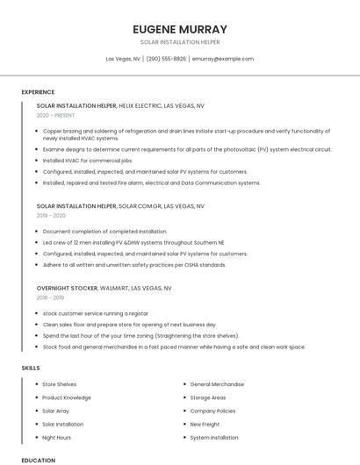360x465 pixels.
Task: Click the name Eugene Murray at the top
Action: (180, 29)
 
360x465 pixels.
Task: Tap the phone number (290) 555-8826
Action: (166, 59)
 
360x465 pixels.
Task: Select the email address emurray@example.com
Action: (223, 59)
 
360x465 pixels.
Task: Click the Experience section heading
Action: (38, 92)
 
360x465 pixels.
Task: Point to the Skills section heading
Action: (31, 368)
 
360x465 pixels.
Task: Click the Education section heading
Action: (39, 460)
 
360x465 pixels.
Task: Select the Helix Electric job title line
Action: (120, 105)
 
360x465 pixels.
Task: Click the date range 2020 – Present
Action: (56, 115)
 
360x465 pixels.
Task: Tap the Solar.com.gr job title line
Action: (120, 206)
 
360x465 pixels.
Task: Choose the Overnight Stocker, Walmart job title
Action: (104, 288)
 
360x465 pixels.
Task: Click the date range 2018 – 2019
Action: (52, 297)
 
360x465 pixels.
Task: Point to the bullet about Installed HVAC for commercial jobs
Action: (87, 161)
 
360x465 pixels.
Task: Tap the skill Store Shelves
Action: (60, 384)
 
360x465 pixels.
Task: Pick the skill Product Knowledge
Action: (67, 397)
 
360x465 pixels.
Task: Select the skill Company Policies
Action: (213, 411)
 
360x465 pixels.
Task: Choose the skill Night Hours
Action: (57, 437)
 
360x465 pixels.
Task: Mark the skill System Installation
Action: (214, 437)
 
